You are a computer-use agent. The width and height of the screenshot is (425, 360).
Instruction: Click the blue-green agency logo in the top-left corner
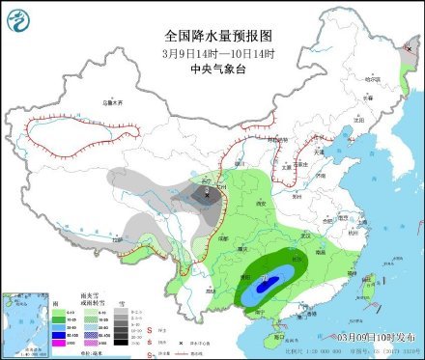click(x=18, y=18)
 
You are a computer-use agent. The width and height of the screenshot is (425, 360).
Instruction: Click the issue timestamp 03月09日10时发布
click(x=371, y=336)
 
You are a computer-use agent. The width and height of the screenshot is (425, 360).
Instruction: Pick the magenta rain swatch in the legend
click(x=57, y=342)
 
